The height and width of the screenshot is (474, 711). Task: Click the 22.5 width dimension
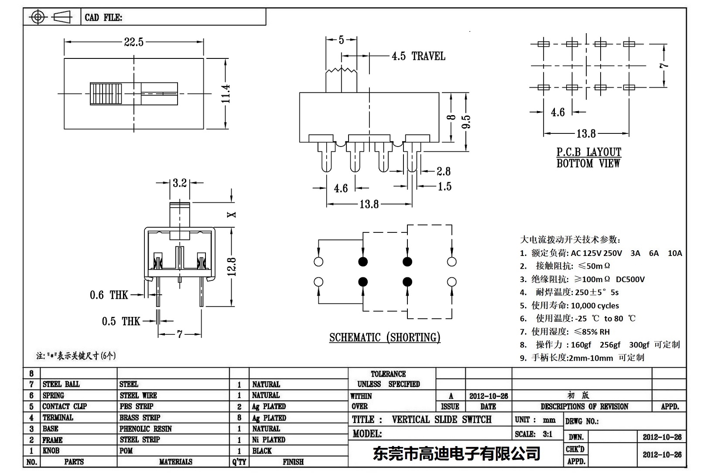pyautogui.click(x=133, y=42)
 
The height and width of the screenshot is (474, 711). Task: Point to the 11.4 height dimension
pyautogui.click(x=225, y=94)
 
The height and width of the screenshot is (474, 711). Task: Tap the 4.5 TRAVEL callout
pyautogui.click(x=418, y=56)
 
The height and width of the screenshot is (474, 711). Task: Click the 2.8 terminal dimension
pyautogui.click(x=443, y=171)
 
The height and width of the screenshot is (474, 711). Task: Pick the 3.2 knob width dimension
pyautogui.click(x=179, y=183)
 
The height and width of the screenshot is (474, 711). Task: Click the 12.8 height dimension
pyautogui.click(x=232, y=266)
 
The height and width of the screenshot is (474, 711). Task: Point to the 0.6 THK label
pyautogui.click(x=109, y=295)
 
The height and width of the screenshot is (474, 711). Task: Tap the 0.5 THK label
pyautogui.click(x=121, y=322)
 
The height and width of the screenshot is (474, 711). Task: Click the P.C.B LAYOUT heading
pyautogui.click(x=588, y=152)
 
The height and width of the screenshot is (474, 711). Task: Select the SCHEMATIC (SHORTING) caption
pyautogui.click(x=385, y=338)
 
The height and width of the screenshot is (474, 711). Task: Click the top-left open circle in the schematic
pyautogui.click(x=318, y=262)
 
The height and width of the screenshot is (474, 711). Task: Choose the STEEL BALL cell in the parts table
pyautogui.click(x=61, y=384)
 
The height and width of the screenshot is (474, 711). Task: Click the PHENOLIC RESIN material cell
pyautogui.click(x=146, y=429)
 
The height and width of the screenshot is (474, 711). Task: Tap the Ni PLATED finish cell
pyautogui.click(x=269, y=440)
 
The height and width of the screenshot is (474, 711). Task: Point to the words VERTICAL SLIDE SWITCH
pyautogui.click(x=441, y=419)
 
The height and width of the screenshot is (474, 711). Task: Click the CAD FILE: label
pyautogui.click(x=103, y=17)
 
